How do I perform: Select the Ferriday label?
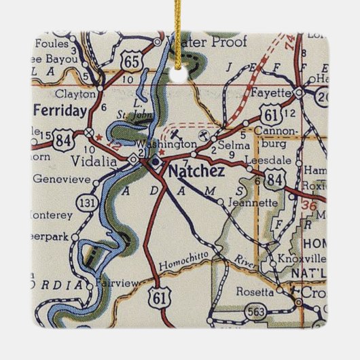click(x=60, y=110)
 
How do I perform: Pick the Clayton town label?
click(x=71, y=93)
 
